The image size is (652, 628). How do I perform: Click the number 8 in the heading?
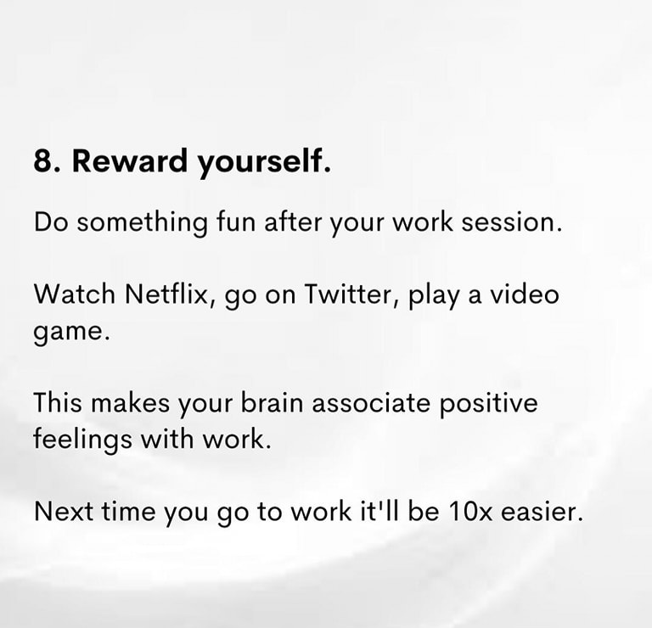[x=42, y=161]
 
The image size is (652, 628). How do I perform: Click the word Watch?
[x=74, y=294]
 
